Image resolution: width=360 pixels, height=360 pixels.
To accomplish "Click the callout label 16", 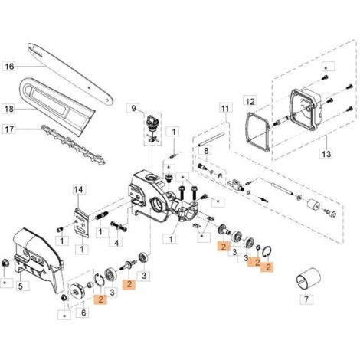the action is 9,67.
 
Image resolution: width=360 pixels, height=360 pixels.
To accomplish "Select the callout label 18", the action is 9,110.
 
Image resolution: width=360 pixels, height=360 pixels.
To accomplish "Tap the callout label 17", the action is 9,129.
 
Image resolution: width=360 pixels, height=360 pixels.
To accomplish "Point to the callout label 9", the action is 134,109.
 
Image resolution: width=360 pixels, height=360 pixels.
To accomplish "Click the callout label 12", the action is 250,102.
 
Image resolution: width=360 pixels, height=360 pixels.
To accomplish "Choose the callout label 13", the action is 326,154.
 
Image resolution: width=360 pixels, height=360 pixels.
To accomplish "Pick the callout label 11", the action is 225,109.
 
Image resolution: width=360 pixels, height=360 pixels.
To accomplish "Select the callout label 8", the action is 206,151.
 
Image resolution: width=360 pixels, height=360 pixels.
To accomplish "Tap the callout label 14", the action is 79,190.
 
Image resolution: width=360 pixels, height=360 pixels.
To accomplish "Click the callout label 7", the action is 306,299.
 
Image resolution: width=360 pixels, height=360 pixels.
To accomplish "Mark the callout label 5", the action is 21,286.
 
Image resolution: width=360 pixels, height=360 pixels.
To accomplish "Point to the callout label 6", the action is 83,313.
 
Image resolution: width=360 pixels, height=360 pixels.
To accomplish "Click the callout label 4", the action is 116,243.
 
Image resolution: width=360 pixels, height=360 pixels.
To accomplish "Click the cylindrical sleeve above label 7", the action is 308,282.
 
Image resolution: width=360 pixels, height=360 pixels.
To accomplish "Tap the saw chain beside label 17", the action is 74,145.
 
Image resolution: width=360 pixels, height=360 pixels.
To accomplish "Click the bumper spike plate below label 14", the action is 81,222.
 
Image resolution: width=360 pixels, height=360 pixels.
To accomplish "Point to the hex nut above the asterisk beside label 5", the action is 5,262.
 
